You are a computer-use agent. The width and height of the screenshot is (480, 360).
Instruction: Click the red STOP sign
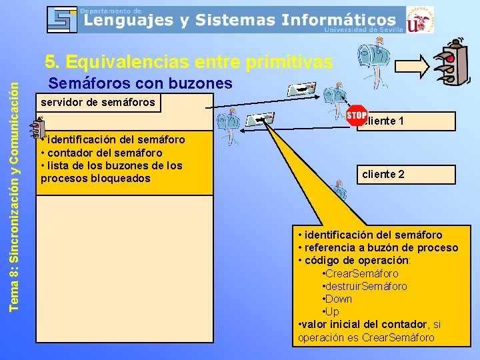(x=357, y=115)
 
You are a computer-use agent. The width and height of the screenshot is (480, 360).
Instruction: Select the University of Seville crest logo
(x=419, y=19)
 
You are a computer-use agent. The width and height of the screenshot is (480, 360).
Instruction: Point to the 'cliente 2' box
(x=406, y=175)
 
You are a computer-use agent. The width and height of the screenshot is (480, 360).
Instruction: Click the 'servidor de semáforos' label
(x=98, y=102)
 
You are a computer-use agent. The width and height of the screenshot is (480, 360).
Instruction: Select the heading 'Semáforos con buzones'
(x=141, y=83)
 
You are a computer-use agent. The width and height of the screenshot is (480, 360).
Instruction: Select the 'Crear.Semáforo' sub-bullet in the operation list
(x=362, y=273)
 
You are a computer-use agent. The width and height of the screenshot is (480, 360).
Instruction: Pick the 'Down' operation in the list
(x=339, y=299)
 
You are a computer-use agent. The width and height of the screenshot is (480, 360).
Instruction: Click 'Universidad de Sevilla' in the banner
(x=363, y=29)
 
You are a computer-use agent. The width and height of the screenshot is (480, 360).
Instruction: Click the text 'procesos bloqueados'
(x=95, y=179)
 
